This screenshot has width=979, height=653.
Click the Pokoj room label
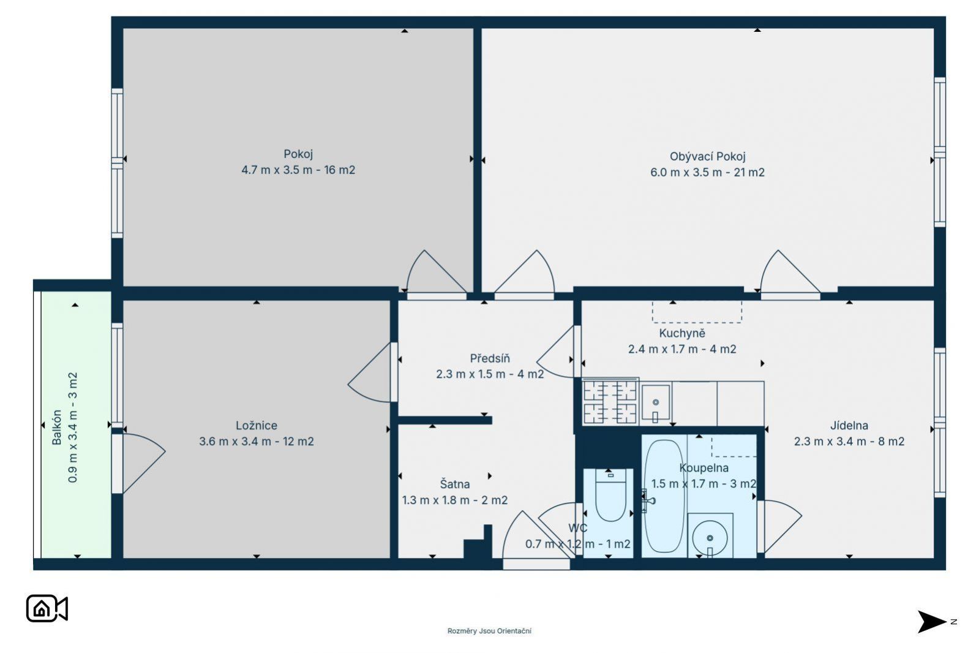298,154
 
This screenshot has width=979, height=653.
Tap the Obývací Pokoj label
708,157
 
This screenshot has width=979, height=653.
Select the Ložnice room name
257,426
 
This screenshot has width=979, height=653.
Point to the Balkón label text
57,428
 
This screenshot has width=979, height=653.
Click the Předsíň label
490,358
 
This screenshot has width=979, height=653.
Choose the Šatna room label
455,484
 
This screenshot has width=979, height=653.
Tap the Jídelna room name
849,426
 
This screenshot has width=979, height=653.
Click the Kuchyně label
682,333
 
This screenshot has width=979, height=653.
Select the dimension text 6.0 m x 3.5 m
686,172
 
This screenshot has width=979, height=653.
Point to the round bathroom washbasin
710,538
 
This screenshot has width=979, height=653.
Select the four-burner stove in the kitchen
610,402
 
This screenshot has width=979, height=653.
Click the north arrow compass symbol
933,622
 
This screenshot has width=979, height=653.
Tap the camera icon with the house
47,608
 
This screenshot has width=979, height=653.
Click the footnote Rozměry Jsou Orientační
489,631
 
